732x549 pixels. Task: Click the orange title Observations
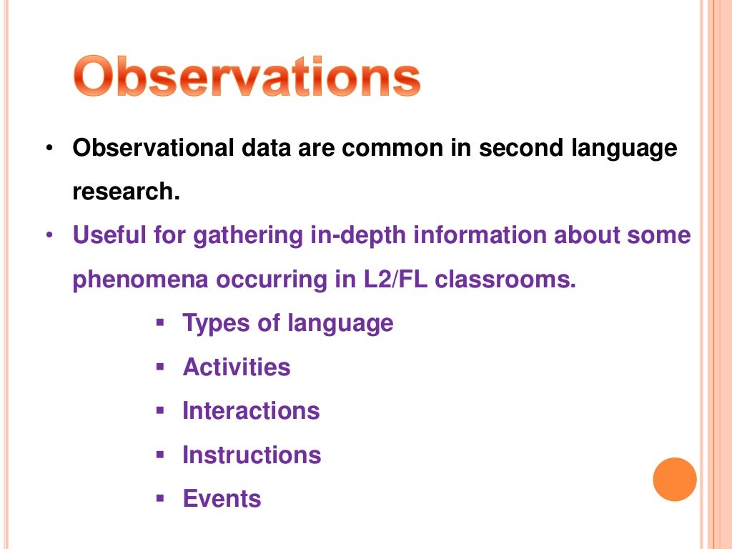coord(247,78)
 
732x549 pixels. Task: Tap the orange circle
coord(674,479)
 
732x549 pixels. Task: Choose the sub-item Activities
coord(237,367)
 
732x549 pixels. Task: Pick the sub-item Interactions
coord(251,411)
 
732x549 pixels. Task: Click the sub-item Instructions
coord(252,455)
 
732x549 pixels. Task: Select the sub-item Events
coord(222,498)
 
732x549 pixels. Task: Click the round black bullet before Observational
coord(48,149)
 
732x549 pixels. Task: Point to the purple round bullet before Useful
coord(48,235)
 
